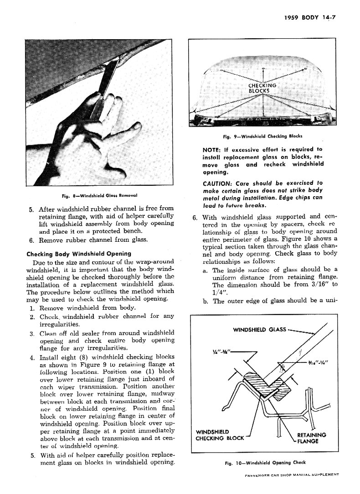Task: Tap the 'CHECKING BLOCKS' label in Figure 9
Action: click(x=262, y=88)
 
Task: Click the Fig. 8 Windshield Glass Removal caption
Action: click(x=100, y=196)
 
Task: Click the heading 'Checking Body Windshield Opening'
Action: click(x=79, y=253)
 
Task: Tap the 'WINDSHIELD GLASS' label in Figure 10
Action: click(x=259, y=329)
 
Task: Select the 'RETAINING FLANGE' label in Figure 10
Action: click(x=311, y=438)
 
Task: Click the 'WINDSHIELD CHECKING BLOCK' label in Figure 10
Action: click(x=220, y=435)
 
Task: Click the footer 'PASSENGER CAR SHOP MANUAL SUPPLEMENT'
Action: click(x=291, y=474)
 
